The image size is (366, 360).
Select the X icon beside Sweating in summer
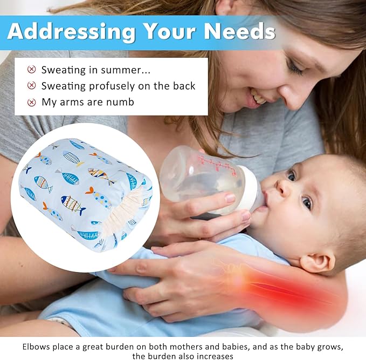coord(31,70)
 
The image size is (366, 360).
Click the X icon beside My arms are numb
coord(31,102)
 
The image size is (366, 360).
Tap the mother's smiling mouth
coord(259,98)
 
